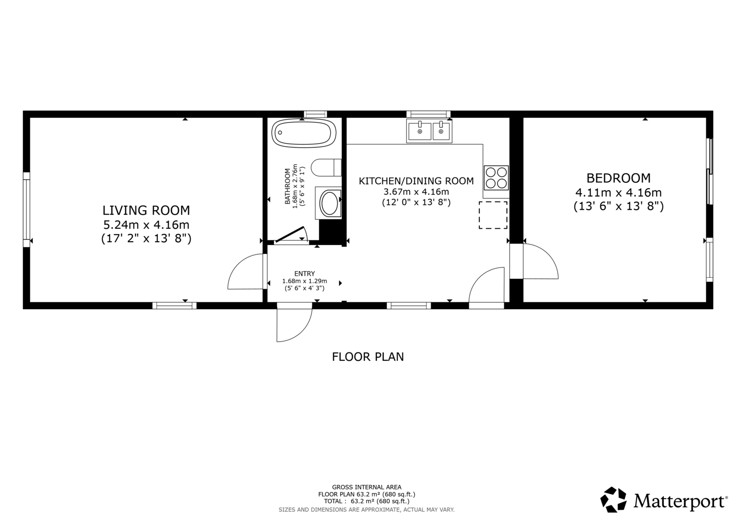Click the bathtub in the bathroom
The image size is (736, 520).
click(304, 133)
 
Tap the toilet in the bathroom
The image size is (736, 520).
click(326, 168)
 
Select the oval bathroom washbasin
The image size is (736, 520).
click(329, 203)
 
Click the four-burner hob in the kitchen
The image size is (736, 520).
click(496, 177)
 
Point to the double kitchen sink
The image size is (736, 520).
click(429, 131)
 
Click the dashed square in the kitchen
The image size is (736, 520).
click(493, 215)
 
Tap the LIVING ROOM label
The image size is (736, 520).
click(146, 210)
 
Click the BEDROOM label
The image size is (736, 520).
click(618, 178)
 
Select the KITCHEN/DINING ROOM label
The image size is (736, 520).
click(416, 181)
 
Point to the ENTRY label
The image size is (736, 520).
click(305, 273)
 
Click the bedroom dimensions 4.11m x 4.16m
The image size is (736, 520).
click(618, 192)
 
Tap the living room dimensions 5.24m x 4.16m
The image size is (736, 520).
click(146, 225)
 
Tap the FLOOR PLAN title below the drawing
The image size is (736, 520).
click(368, 356)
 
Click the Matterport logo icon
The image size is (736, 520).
click(613, 499)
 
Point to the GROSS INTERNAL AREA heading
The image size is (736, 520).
click(367, 487)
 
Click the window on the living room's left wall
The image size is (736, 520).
click(26, 209)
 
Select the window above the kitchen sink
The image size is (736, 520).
click(428, 114)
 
